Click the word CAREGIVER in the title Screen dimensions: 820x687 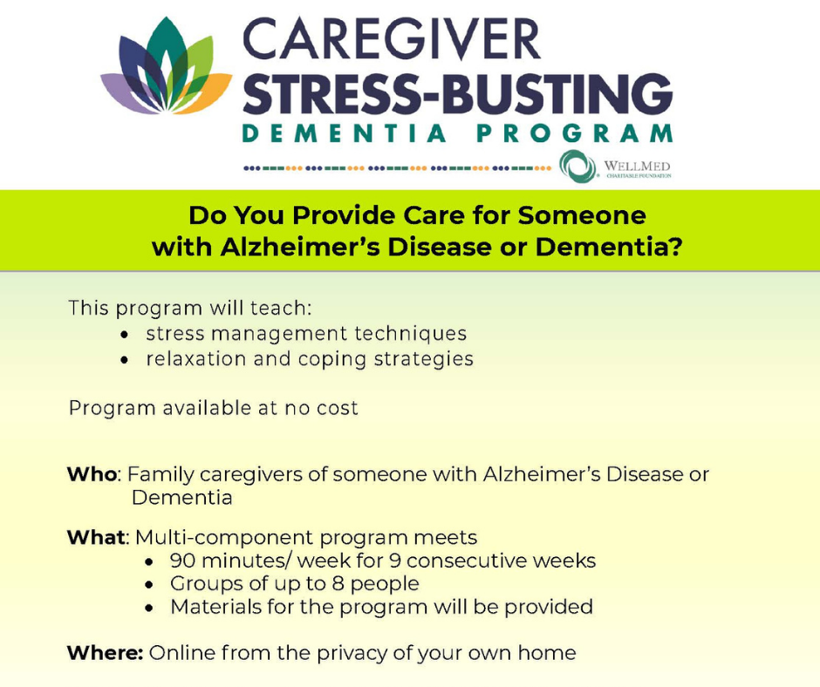point(392,40)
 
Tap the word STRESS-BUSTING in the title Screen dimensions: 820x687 point(458,94)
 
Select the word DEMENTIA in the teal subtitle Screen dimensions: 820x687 point(344,133)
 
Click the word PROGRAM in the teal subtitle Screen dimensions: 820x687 point(574,133)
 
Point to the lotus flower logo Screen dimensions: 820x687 point(167,67)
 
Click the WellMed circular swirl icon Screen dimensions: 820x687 point(577,167)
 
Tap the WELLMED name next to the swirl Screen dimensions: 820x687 point(637,167)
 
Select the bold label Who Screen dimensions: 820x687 point(92,474)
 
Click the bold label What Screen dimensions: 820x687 point(96,537)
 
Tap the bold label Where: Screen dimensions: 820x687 point(105,653)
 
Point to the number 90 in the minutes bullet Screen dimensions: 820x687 point(182,561)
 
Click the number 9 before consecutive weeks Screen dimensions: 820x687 point(395,561)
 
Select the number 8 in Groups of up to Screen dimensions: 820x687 point(338,583)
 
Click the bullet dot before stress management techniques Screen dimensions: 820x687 point(124,335)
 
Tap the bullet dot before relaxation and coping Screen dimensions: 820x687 point(124,360)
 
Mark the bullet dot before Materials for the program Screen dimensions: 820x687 point(149,608)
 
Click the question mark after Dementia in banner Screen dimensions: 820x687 point(675,247)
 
